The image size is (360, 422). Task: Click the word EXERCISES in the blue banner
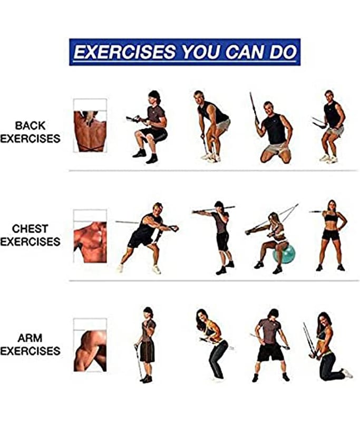(125, 52)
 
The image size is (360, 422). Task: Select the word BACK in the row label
(30, 126)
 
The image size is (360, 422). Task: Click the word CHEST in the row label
(30, 229)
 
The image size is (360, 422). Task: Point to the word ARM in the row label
(30, 338)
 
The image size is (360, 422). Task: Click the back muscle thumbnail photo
(90, 131)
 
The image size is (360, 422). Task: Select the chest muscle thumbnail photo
(90, 242)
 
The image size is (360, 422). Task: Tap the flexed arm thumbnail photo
(90, 351)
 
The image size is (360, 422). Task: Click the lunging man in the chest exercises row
(147, 237)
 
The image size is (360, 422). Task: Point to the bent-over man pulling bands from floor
(212, 126)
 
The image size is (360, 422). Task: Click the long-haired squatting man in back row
(151, 127)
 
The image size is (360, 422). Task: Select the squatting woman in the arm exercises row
(212, 344)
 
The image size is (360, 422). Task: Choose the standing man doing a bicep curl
(145, 345)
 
